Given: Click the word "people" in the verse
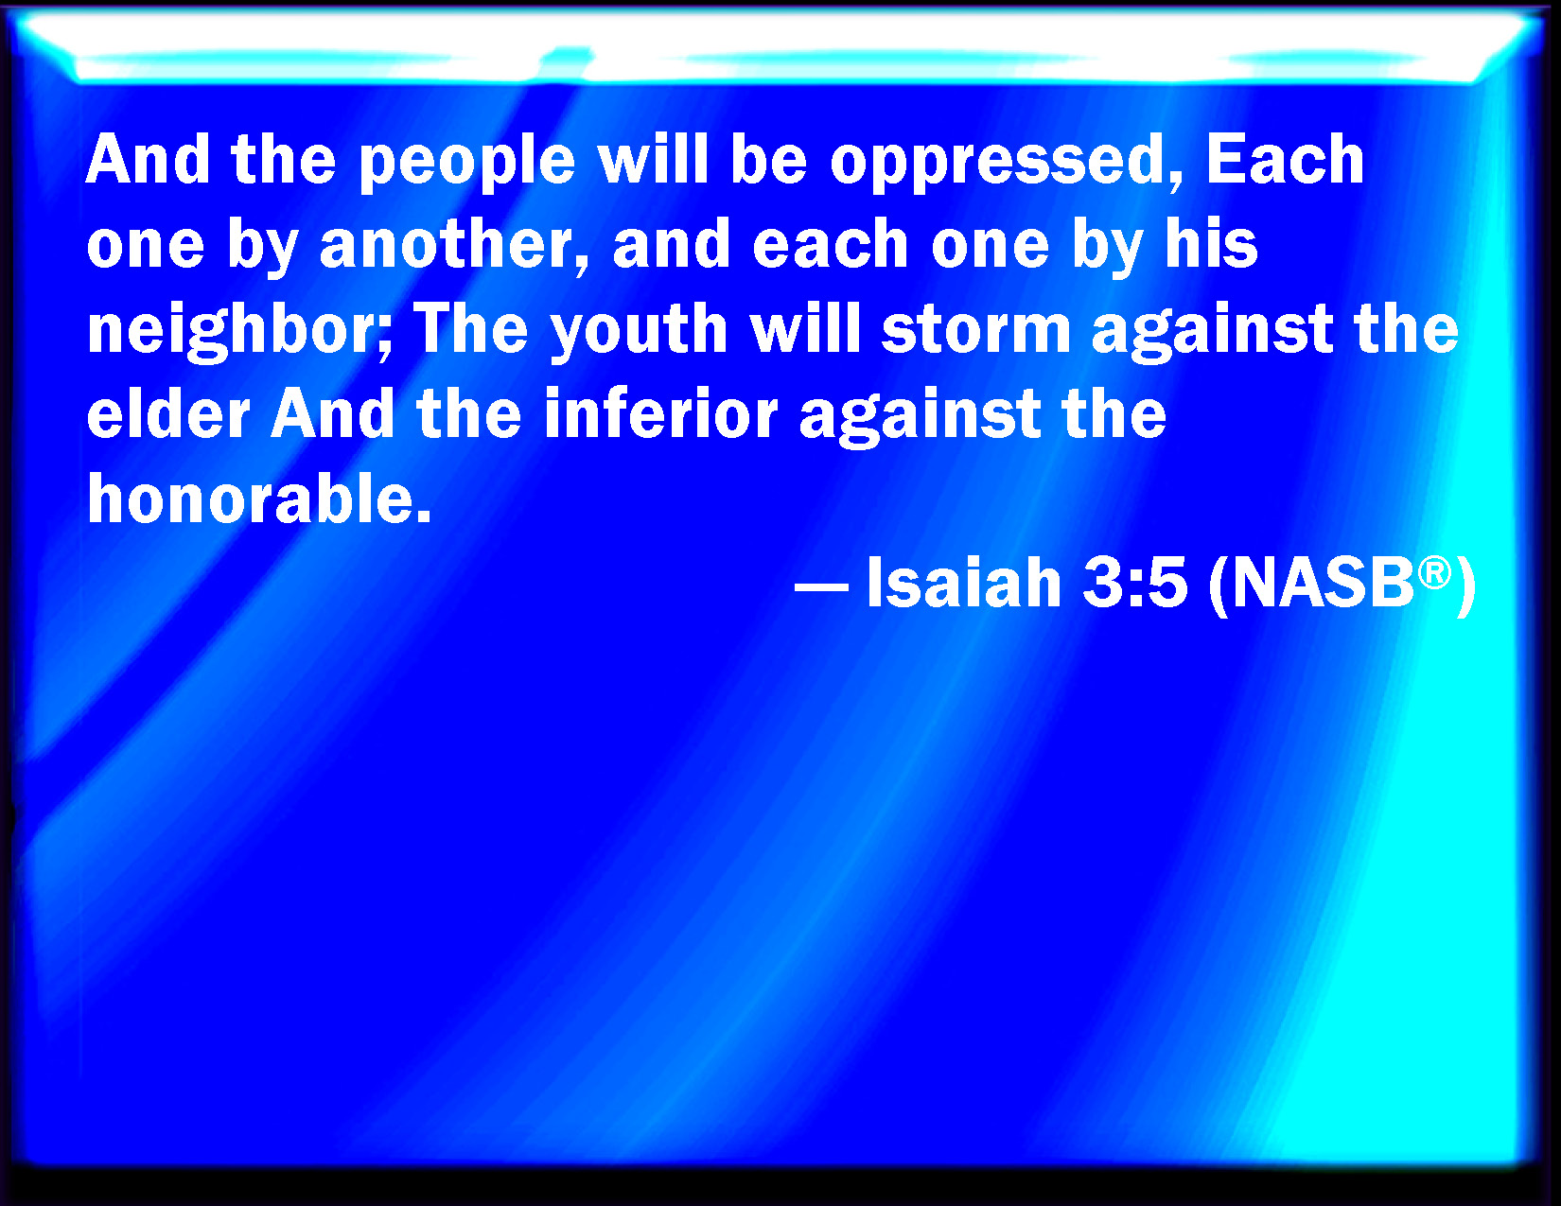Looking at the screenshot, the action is (466, 163).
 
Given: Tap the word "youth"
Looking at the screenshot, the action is (639, 333).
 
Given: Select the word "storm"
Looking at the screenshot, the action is (976, 330).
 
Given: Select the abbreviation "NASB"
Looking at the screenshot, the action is (1322, 583).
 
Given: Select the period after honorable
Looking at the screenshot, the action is (424, 516).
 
